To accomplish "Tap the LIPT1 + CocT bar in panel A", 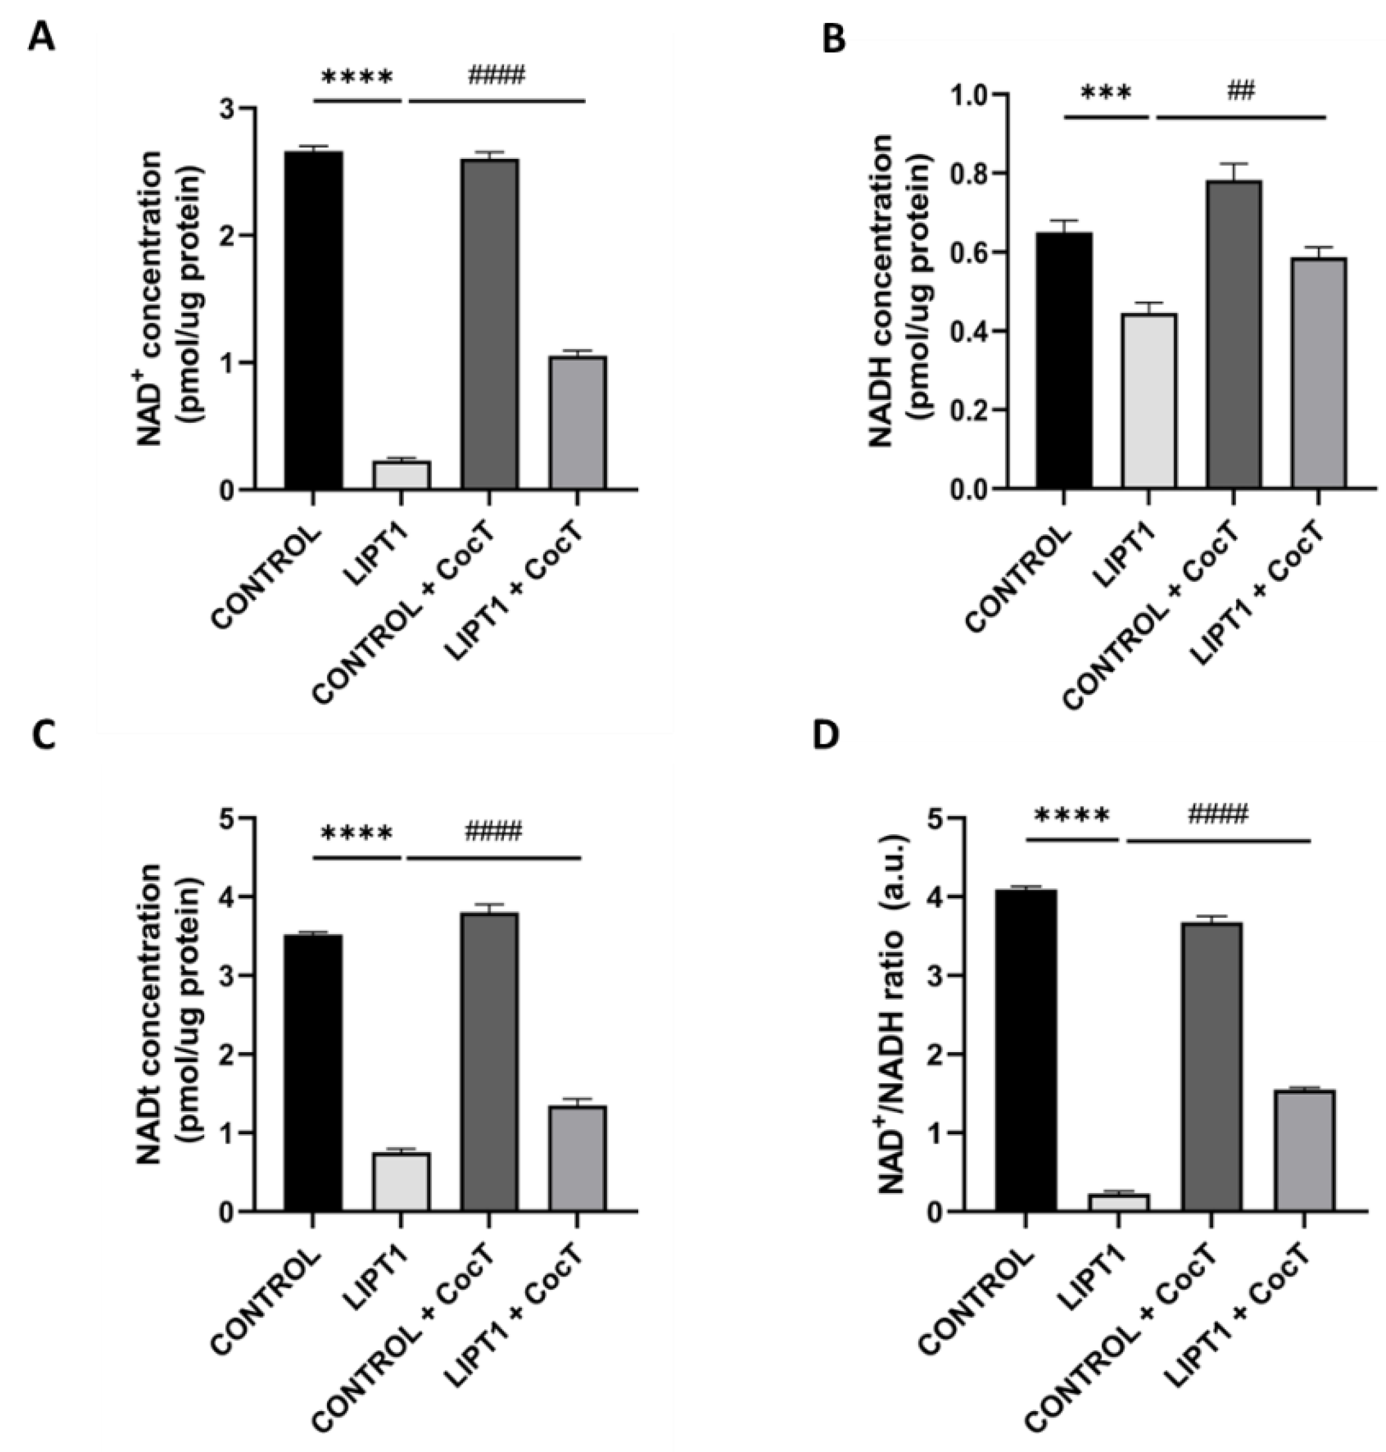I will point(577,423).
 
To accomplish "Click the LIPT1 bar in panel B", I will point(1149,400).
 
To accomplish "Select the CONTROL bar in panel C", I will point(313,1072).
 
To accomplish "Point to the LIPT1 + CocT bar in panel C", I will point(577,1158).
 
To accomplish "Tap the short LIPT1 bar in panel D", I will point(1119,1202).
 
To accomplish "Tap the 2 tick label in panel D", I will point(913,1055).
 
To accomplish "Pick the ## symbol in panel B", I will point(1241,91).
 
